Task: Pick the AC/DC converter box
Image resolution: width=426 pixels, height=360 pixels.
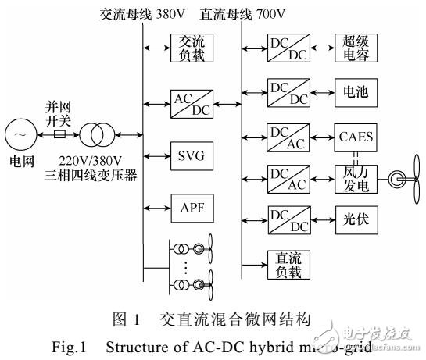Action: [192, 102]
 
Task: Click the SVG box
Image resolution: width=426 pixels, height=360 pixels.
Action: [192, 155]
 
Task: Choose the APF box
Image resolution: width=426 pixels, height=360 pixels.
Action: [192, 208]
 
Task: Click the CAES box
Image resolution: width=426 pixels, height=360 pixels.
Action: [356, 137]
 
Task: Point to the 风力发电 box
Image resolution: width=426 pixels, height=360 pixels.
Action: [356, 179]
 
